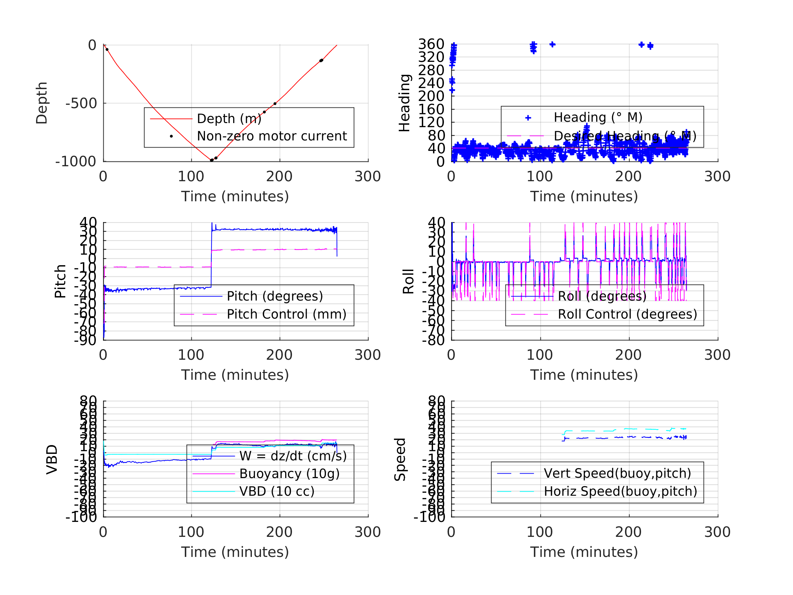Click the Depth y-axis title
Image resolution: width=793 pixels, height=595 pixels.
(x=41, y=103)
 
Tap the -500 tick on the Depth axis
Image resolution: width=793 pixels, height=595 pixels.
(x=81, y=103)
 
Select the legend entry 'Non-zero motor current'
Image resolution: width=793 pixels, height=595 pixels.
(x=272, y=136)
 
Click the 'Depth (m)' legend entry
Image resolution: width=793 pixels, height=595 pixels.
(x=229, y=119)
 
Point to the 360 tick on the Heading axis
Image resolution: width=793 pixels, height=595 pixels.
(x=431, y=44)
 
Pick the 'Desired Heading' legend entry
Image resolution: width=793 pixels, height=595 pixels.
(x=625, y=136)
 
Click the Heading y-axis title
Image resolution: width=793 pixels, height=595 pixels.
(x=404, y=103)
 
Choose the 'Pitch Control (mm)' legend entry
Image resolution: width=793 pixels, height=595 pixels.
(x=287, y=314)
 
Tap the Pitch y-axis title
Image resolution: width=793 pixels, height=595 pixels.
(x=60, y=281)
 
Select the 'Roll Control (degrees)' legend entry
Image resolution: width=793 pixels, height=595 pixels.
(x=627, y=314)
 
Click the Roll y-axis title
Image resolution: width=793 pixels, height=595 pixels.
(x=408, y=281)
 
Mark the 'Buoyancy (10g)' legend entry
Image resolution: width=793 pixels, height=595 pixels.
(x=289, y=474)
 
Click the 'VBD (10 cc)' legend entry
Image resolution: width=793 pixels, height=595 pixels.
(x=277, y=491)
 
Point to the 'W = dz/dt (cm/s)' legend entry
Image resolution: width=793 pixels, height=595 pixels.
(x=293, y=456)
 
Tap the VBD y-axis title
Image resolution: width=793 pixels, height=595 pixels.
(x=52, y=459)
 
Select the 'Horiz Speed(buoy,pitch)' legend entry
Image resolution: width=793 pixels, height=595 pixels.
(x=620, y=491)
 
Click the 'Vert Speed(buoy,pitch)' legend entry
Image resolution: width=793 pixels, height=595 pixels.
(x=617, y=473)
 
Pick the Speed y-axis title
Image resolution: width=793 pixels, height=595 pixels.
(x=400, y=459)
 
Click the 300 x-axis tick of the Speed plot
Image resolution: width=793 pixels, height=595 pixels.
(x=717, y=532)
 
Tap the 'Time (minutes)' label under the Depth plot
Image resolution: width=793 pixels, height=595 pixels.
(x=235, y=197)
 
